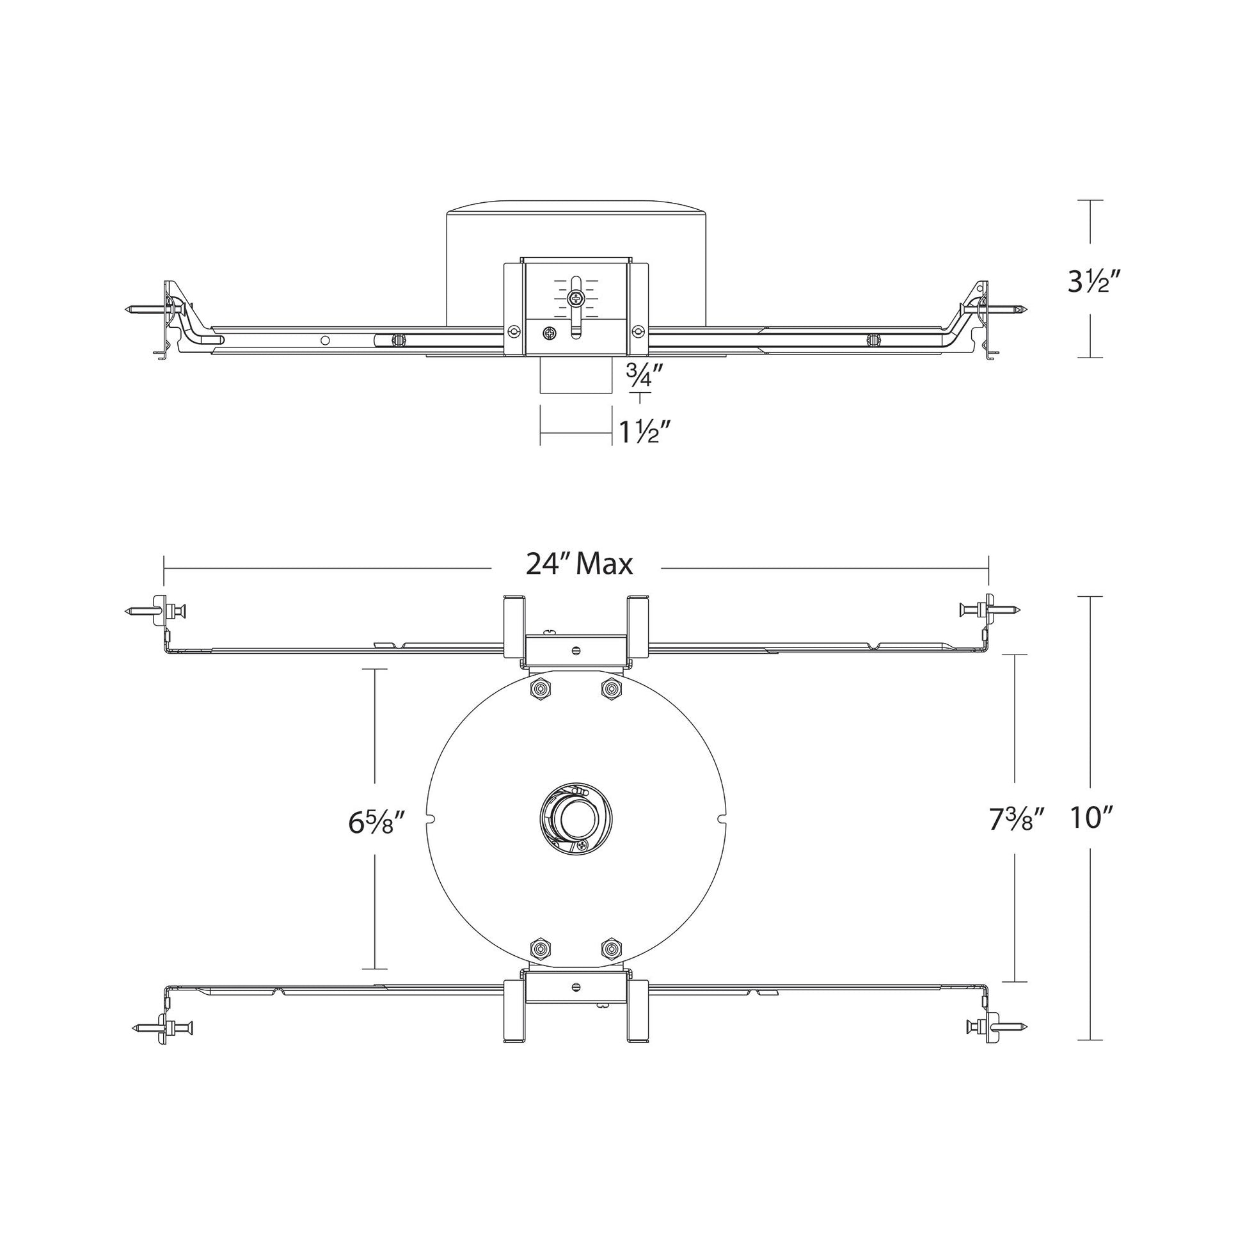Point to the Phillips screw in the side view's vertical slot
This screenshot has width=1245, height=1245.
(x=575, y=298)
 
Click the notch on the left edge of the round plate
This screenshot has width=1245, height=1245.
(x=431, y=819)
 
